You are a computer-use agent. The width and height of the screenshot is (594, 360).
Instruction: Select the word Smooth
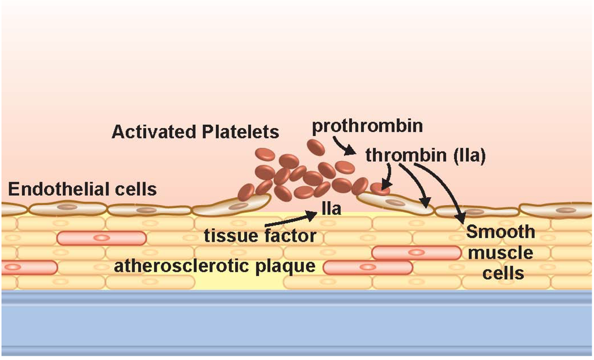click(x=501, y=232)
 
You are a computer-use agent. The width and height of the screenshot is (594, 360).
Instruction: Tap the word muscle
click(x=501, y=253)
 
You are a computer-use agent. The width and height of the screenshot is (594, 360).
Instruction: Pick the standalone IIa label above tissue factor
click(x=331, y=209)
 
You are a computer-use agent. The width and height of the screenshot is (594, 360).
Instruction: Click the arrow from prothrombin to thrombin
click(x=344, y=148)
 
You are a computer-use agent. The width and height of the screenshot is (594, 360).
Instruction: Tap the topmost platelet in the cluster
click(x=316, y=147)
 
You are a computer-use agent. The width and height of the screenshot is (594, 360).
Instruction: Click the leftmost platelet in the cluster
click(x=246, y=192)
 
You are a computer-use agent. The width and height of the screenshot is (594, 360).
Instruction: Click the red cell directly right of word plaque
click(x=367, y=267)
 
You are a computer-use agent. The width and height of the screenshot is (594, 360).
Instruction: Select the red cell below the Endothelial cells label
click(x=101, y=238)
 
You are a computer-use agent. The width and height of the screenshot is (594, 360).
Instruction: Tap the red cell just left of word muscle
click(x=415, y=253)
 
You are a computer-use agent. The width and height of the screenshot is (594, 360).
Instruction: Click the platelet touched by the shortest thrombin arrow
click(x=381, y=187)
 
